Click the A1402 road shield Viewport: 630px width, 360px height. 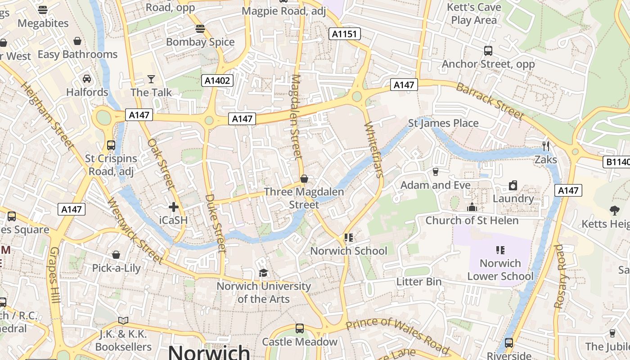(217, 81)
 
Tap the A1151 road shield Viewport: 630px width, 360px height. (344, 34)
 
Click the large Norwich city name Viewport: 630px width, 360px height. (209, 352)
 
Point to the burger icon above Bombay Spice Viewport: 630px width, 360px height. (200, 29)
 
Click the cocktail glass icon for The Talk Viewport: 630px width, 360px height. (151, 79)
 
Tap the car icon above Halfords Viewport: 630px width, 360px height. (87, 79)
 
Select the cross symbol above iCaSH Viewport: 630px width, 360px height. (173, 207)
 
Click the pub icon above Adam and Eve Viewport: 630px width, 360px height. (435, 171)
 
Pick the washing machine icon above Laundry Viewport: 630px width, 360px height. (513, 185)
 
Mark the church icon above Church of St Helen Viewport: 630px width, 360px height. (472, 207)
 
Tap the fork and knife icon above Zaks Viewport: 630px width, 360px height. (546, 146)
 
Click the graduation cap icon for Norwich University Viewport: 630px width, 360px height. (263, 273)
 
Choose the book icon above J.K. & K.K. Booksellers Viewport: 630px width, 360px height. (123, 320)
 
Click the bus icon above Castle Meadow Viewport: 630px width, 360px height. (300, 328)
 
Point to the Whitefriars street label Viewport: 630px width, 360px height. (373, 149)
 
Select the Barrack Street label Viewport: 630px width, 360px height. (490, 101)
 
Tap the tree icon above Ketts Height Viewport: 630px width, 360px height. (614, 210)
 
